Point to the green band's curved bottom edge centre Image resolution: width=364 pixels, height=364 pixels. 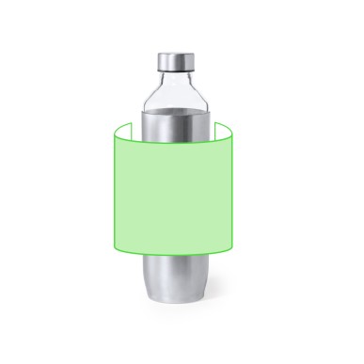(172, 257)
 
